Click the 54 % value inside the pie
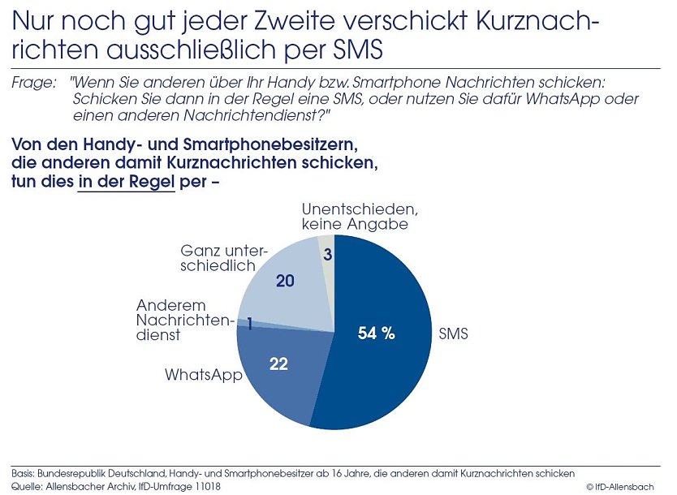click(x=376, y=333)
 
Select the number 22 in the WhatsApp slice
click(x=278, y=364)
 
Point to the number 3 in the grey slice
click(x=326, y=255)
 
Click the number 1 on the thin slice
click(x=249, y=325)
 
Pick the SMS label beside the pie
click(x=453, y=334)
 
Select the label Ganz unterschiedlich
click(x=223, y=258)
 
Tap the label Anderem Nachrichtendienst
click(x=184, y=320)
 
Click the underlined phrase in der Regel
click(x=126, y=182)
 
